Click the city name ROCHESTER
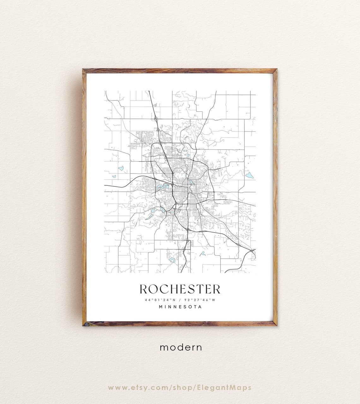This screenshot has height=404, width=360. coord(180,289)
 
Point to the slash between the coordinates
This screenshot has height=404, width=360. coord(179,300)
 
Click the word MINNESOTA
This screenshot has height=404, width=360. coord(180,306)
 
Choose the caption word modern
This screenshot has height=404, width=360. coord(181,347)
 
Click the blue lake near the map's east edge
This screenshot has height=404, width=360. coord(249,175)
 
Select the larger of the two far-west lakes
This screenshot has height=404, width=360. coord(121,168)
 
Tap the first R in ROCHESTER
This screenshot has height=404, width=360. coord(144,289)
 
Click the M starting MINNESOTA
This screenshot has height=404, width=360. coord(161,306)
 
